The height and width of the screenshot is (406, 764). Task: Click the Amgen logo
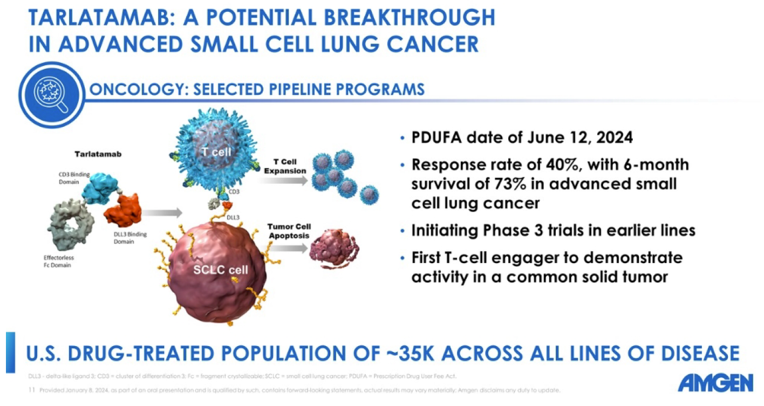(715, 383)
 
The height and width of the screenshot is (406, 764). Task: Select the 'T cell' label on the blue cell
(216, 152)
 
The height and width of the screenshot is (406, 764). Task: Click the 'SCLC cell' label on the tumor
(220, 270)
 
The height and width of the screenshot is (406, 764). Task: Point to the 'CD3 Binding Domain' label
(74, 178)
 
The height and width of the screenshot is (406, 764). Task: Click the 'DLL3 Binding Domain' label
(130, 238)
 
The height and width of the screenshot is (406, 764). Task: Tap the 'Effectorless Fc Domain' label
(59, 262)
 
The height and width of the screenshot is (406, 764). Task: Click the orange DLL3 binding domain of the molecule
(123, 209)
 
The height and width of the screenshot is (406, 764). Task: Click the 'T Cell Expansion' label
(285, 167)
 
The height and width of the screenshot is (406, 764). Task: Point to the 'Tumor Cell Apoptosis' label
(289, 231)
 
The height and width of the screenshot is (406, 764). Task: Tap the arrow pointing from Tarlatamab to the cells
(162, 213)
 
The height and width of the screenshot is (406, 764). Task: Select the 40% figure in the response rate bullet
(562, 164)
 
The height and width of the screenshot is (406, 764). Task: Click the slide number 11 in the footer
(32, 390)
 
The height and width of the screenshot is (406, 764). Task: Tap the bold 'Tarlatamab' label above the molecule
(98, 154)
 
